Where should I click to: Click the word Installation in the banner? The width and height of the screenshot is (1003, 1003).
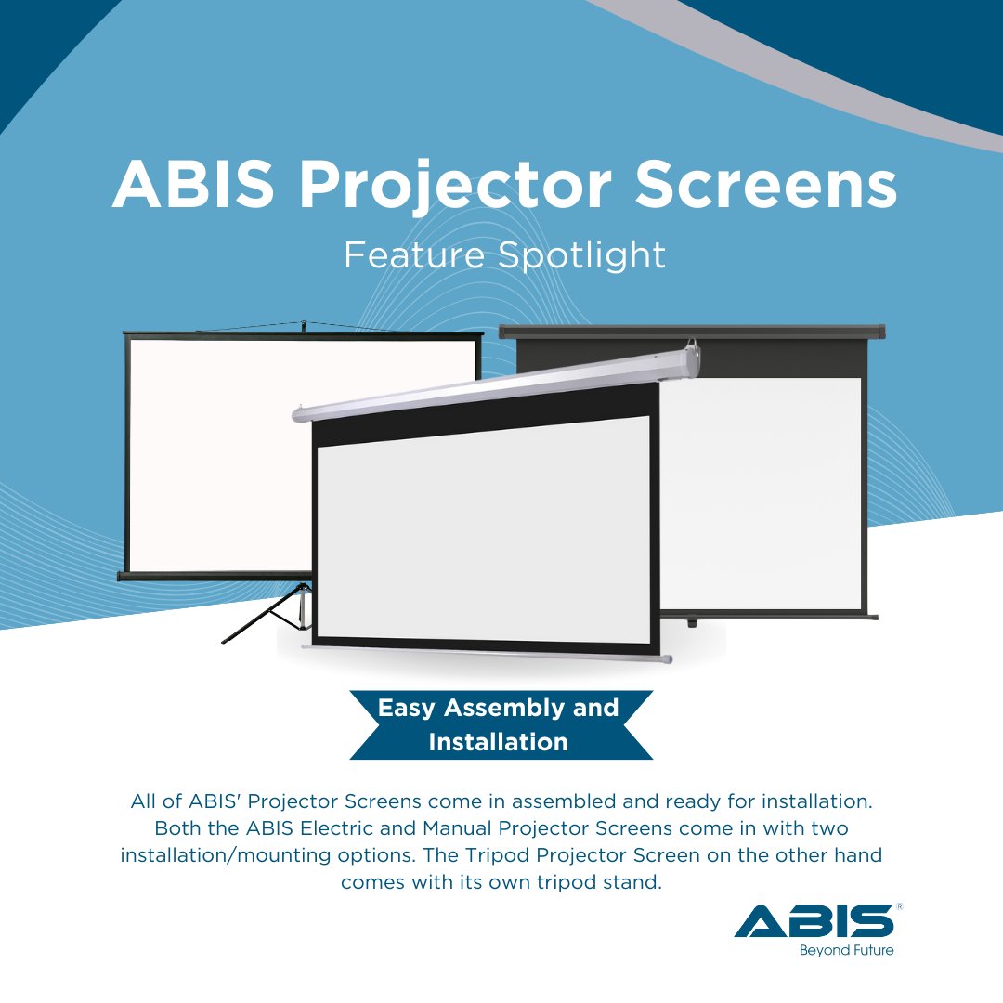[x=498, y=742]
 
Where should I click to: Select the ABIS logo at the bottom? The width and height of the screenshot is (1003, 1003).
[x=814, y=922]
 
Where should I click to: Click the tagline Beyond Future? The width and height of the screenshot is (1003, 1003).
[x=846, y=950]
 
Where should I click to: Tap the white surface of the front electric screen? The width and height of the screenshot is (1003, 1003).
[x=483, y=529]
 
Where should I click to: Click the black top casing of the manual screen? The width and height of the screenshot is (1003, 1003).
[x=692, y=331]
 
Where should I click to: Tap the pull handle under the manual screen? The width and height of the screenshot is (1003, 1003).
[x=692, y=621]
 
